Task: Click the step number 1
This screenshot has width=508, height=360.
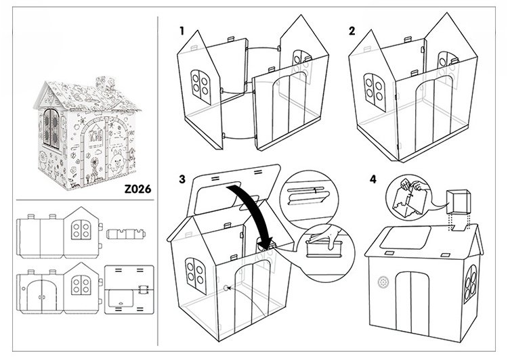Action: tap(182, 30)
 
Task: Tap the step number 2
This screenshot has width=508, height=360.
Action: tap(352, 30)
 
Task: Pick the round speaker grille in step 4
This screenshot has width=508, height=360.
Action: tap(383, 281)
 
